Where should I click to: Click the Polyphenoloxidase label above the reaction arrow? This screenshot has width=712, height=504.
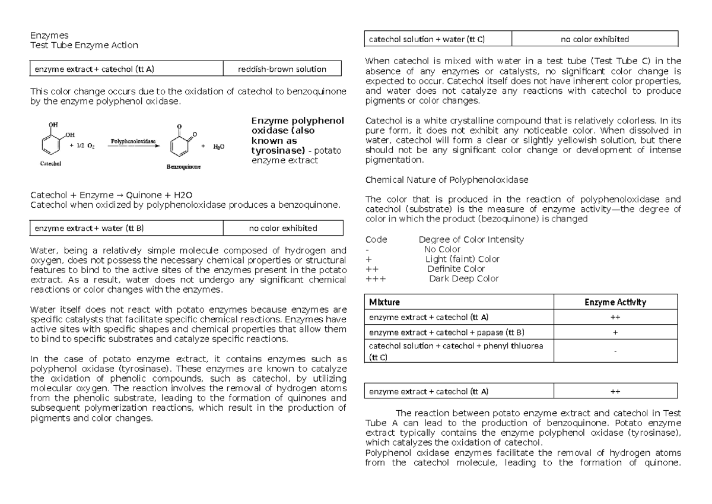[133, 141]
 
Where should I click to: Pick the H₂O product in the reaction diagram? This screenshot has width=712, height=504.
[219, 146]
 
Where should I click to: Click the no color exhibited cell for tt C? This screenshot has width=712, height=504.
[595, 40]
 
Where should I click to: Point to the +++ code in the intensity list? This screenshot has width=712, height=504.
[374, 278]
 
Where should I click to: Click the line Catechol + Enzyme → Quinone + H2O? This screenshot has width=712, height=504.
[110, 195]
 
